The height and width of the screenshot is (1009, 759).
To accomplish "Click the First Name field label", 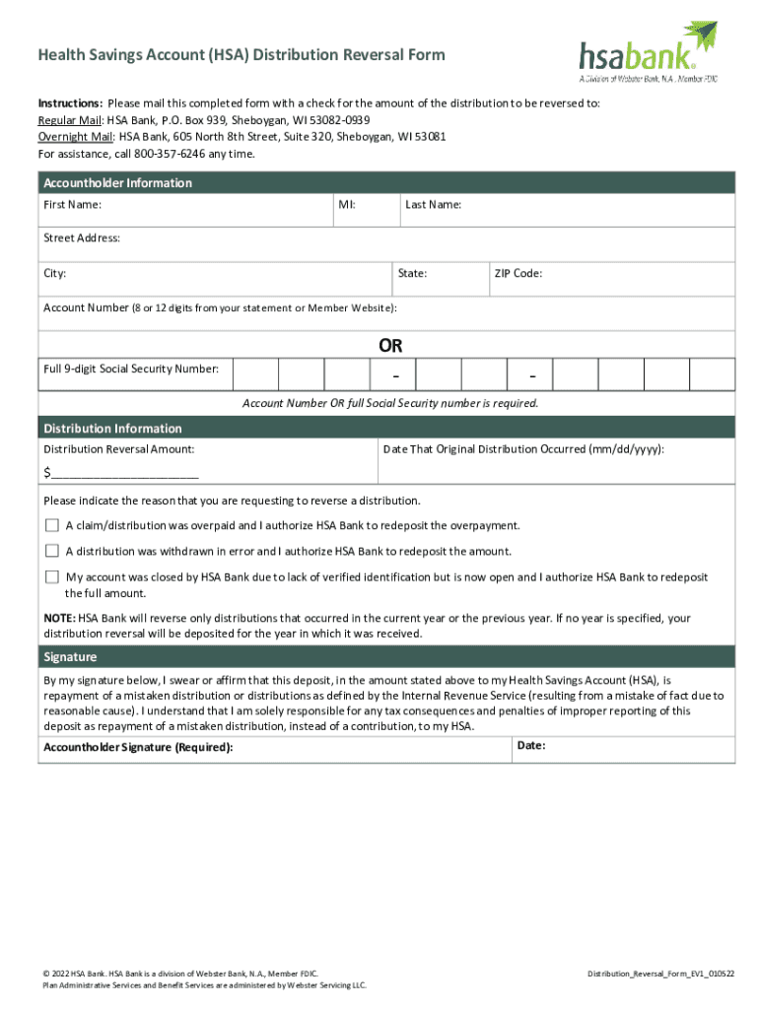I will [72, 205].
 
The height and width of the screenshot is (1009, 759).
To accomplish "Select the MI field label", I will [347, 205].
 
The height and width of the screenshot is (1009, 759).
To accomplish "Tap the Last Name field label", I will [433, 205].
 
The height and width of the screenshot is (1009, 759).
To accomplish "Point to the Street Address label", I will [82, 238].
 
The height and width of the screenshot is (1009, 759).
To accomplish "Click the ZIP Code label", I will [517, 273].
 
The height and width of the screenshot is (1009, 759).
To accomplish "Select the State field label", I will [412, 273].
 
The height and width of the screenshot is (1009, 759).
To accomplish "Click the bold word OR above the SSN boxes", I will [390, 346].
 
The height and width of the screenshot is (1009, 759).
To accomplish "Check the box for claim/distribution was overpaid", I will [52, 525].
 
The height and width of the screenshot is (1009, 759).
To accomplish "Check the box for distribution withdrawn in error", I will [52, 551].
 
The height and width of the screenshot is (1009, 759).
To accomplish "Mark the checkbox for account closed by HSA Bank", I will [52, 576].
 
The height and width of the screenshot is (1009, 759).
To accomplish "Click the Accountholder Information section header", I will [117, 183].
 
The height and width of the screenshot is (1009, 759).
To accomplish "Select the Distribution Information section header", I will [112, 429].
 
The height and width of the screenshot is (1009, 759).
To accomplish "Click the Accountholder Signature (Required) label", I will [139, 748].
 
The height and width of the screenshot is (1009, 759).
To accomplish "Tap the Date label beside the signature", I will [531, 746].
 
